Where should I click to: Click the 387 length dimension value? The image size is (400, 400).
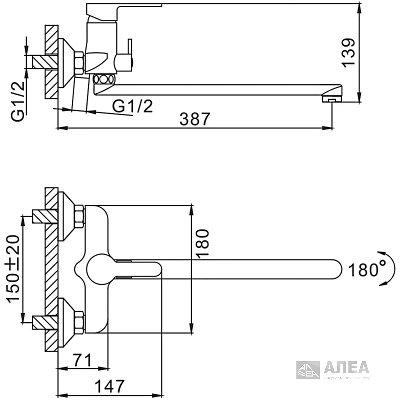tap(195, 119)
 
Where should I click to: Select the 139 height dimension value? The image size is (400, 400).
tap(348, 56)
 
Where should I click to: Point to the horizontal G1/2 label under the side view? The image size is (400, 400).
tap(132, 106)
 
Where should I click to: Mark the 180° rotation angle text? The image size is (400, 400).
tap(368, 270)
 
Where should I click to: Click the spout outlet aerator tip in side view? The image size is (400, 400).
tap(332, 99)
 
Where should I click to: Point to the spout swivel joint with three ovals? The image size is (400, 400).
tap(104, 79)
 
